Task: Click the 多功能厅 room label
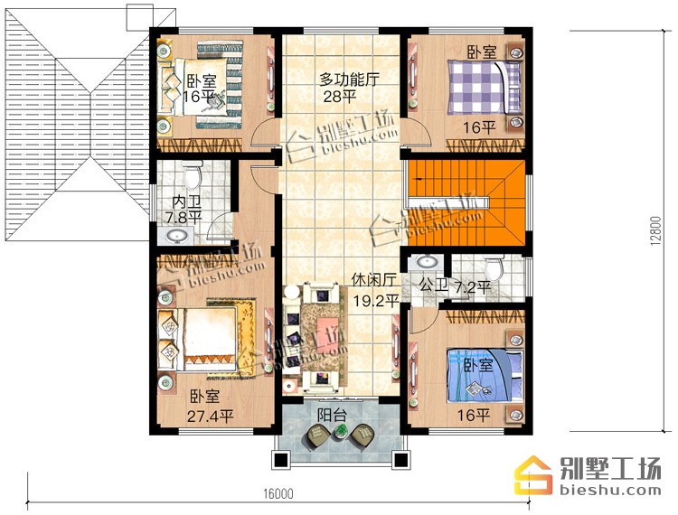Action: pyautogui.click(x=349, y=80)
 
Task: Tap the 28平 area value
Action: pyautogui.click(x=340, y=97)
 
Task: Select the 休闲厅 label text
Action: pyautogui.click(x=373, y=280)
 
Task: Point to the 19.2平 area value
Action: pyautogui.click(x=376, y=300)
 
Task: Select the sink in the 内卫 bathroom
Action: pyautogui.click(x=176, y=236)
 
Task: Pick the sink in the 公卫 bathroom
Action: pyautogui.click(x=427, y=263)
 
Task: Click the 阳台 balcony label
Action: pyautogui.click(x=332, y=416)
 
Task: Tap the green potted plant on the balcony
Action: pyautogui.click(x=341, y=430)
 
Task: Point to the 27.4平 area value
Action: pyautogui.click(x=210, y=416)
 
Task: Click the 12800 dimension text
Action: pyautogui.click(x=656, y=231)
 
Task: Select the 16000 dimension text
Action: pyautogui.click(x=278, y=493)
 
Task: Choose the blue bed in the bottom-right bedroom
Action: pyautogui.click(x=485, y=376)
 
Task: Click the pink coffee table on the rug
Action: pyautogui.click(x=327, y=324)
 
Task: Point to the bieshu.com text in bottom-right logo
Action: pyautogui.click(x=610, y=490)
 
